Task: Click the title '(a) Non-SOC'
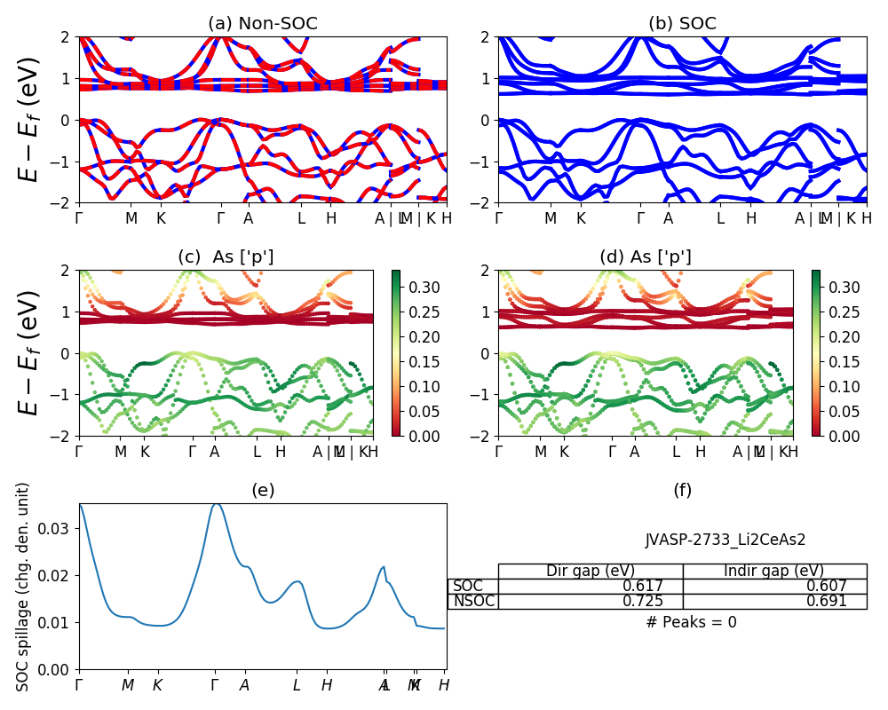(x=262, y=24)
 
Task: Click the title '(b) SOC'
(x=682, y=24)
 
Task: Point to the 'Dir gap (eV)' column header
(x=590, y=571)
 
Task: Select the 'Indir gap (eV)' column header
(x=773, y=571)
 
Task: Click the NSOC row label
(x=473, y=601)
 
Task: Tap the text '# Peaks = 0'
(x=691, y=622)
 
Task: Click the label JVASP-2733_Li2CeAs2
(x=725, y=539)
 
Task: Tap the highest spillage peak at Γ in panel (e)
(x=215, y=503)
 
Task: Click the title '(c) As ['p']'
(x=226, y=257)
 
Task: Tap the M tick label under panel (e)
(x=128, y=685)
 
